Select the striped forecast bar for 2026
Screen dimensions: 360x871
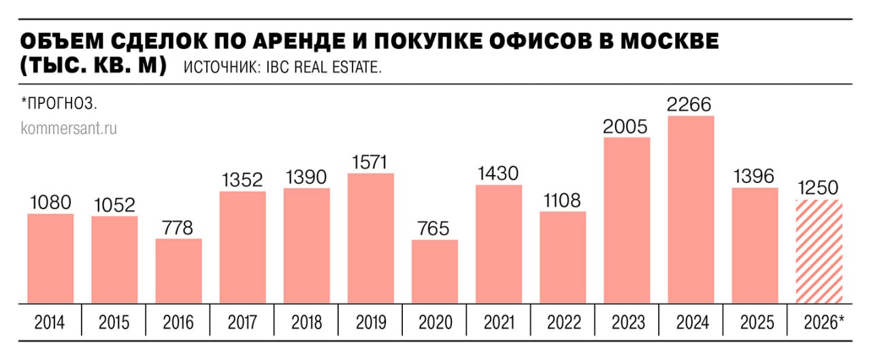point(819,252)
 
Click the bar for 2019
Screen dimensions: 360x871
point(371,238)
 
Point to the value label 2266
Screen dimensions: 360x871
point(691,105)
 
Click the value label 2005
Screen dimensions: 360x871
point(627,127)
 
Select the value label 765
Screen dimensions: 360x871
point(435,229)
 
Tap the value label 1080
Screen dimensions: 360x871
point(50,203)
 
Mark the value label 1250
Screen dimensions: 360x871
point(819,189)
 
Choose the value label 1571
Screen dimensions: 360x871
point(371,163)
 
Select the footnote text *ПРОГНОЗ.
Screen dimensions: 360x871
point(60,104)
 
